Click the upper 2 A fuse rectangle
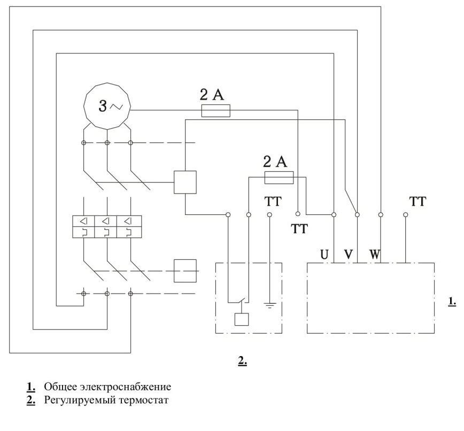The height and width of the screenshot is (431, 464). (216, 110)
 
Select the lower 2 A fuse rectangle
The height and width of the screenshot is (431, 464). (279, 178)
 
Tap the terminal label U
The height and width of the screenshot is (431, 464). (324, 255)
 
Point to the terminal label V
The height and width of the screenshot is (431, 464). (349, 255)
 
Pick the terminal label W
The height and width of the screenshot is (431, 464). (374, 255)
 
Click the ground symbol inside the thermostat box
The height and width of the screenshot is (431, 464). (269, 305)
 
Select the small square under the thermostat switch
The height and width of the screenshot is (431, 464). (242, 319)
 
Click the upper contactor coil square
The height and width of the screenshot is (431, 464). (185, 182)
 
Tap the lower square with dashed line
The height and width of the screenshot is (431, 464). (185, 271)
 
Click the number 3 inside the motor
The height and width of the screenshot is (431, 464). (103, 106)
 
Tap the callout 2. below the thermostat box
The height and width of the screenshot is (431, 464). (243, 360)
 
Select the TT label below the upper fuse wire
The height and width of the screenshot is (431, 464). (299, 228)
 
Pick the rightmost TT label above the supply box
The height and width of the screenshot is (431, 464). (417, 201)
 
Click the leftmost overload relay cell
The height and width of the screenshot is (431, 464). (84, 227)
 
